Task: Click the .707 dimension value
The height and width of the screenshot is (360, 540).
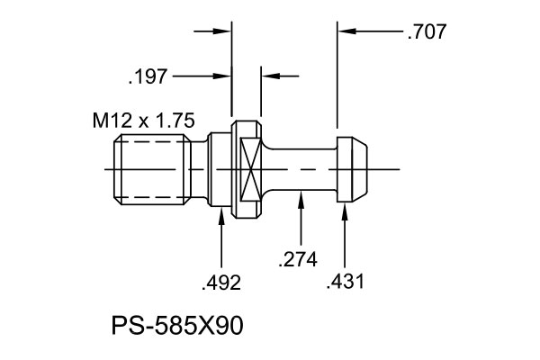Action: coord(427,32)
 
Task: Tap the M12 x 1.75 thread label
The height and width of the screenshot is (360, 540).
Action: coord(144,120)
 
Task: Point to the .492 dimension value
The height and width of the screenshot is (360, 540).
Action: coord(221,283)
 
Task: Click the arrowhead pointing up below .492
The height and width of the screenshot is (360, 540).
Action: coord(221,216)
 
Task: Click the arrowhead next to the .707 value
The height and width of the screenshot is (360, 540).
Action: coord(346,32)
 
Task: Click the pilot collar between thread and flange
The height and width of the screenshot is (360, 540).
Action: coord(215,169)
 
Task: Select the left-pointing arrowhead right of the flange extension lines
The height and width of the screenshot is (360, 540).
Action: coord(267,76)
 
